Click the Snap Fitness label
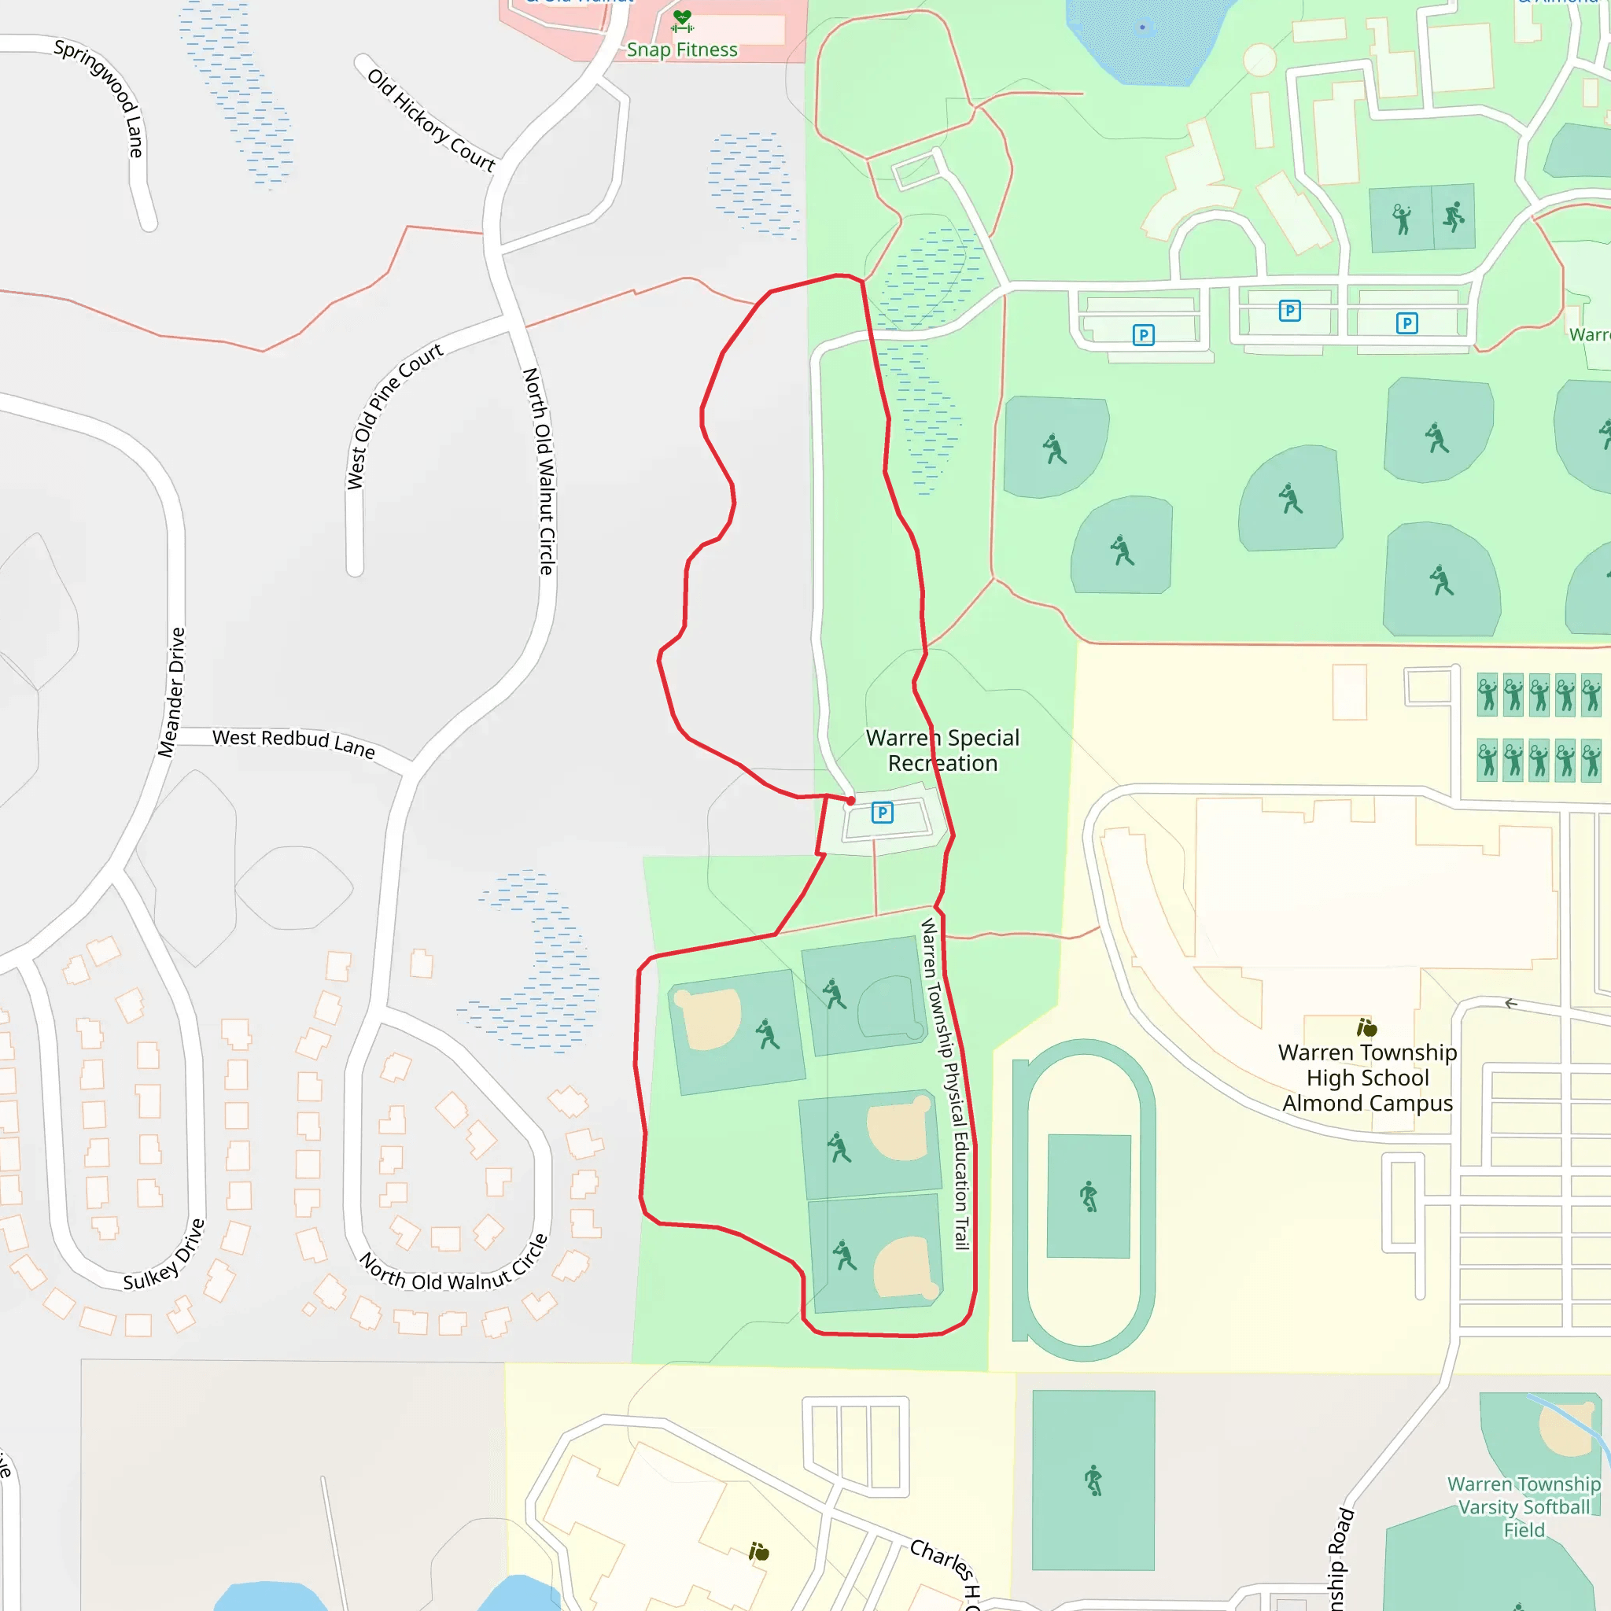[681, 50]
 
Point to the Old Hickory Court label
[431, 120]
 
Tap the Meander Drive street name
[172, 691]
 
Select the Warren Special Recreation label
[942, 750]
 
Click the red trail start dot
[850, 801]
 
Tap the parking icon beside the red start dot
[883, 812]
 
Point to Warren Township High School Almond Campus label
[1367, 1078]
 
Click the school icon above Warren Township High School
[1366, 1027]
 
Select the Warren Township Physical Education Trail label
[946, 1083]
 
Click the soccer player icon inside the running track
[1089, 1196]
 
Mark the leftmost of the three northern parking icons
[1143, 335]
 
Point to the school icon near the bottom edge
[759, 1551]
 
